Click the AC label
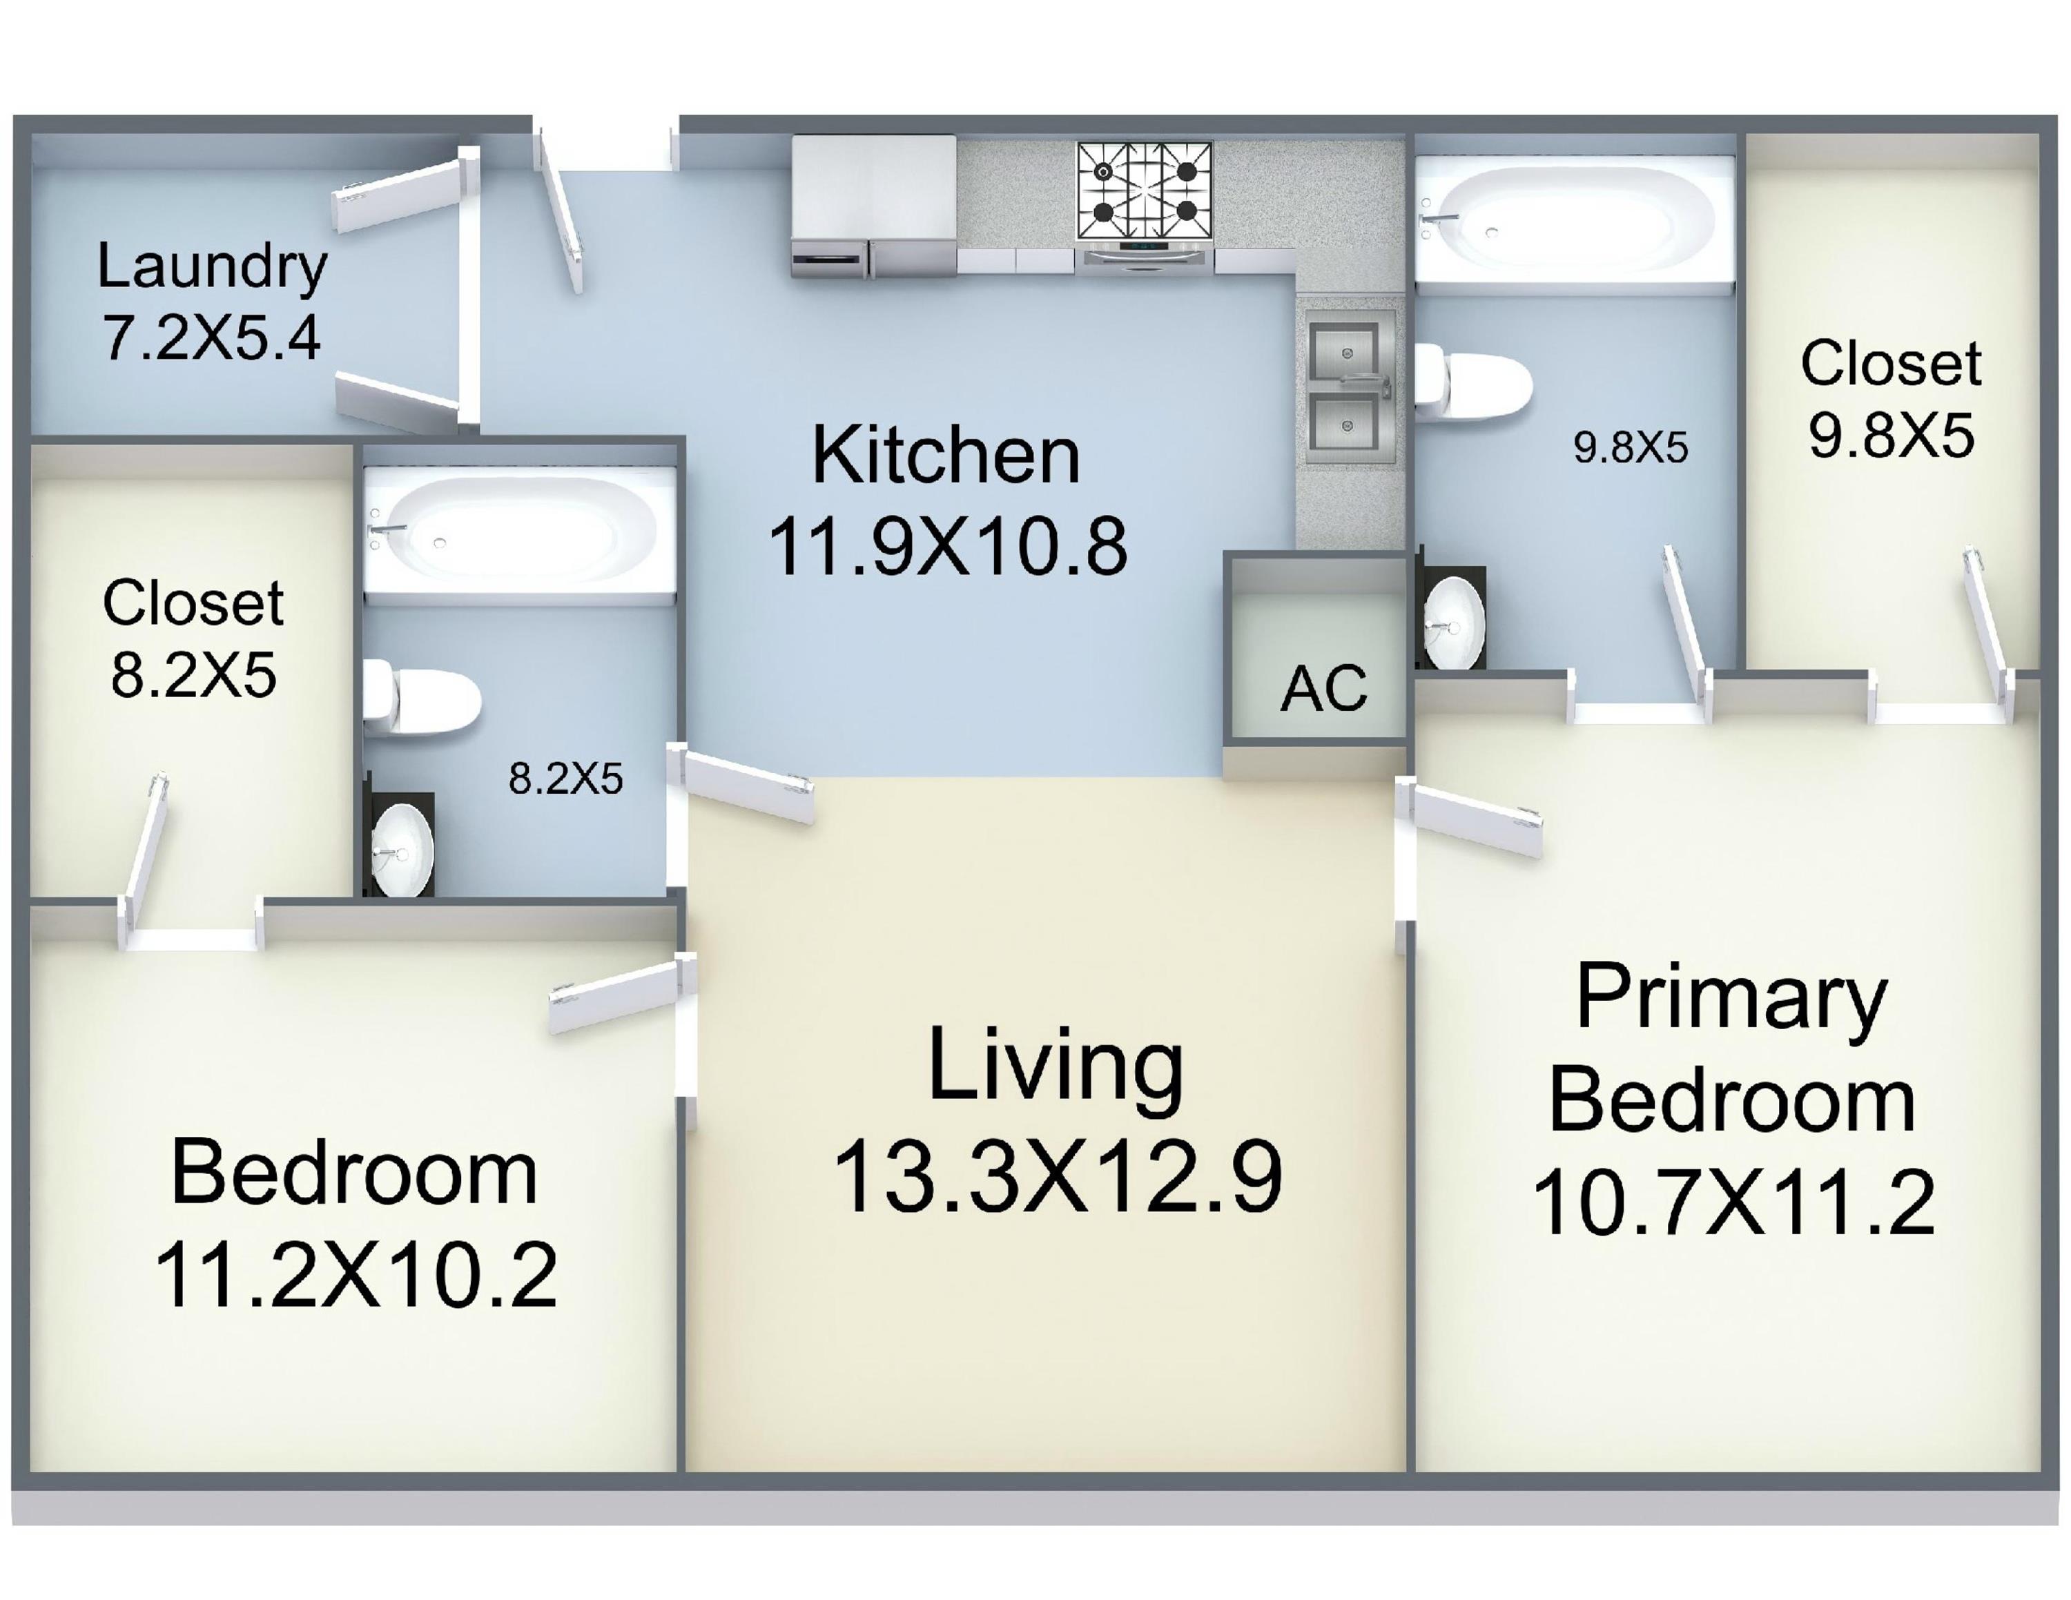[1324, 688]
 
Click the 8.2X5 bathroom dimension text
[566, 779]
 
